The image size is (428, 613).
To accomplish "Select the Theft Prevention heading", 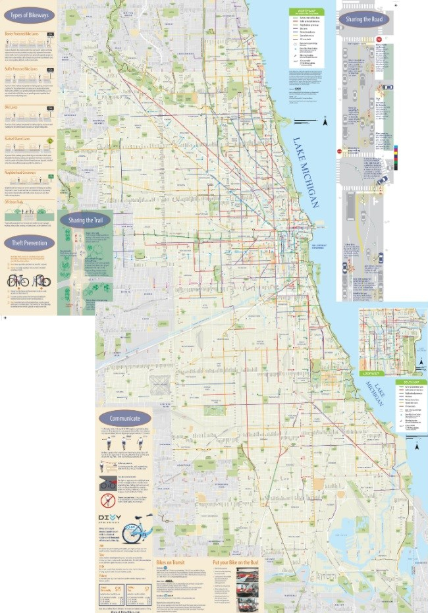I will coord(29,242).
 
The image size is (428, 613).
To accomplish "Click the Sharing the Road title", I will coord(362,19).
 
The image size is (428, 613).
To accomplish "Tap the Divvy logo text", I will coord(111,517).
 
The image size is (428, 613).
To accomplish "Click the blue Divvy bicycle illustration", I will coord(137,529).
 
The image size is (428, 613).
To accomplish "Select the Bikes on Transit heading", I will coord(173,564).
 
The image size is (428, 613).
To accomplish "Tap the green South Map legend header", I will coord(408,381).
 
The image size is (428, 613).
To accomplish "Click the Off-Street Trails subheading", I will coord(14,201).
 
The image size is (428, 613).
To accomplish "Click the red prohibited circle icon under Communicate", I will coord(107,500).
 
